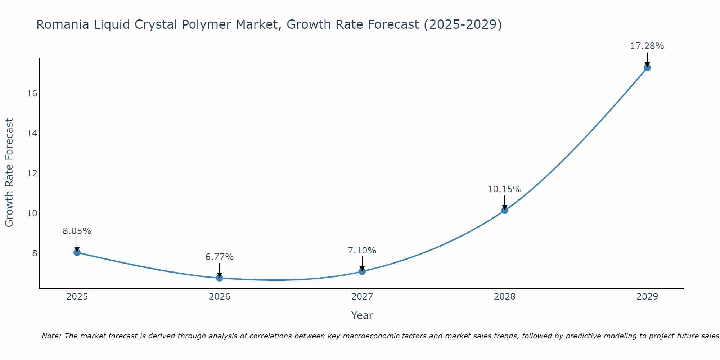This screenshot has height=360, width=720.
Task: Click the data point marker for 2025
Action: (77, 252)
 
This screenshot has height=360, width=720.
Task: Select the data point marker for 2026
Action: (220, 278)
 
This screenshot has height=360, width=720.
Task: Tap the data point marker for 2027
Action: (362, 271)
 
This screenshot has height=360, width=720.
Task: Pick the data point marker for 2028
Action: (505, 211)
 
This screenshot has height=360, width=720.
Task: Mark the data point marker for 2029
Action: (647, 68)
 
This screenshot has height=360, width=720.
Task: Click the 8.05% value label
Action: (77, 231)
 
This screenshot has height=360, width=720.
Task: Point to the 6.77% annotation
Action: (220, 257)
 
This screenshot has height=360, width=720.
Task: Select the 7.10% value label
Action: (362, 251)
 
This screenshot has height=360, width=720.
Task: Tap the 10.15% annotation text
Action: (505, 189)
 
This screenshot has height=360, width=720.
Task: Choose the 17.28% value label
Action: (647, 46)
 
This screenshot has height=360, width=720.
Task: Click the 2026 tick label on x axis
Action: (220, 297)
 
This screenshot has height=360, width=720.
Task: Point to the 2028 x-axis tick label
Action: (505, 297)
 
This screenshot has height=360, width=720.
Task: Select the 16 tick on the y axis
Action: (32, 94)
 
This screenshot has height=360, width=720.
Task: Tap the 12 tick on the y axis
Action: (32, 174)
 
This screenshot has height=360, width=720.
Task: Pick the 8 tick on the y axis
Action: (35, 253)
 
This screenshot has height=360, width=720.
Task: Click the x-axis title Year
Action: (362, 315)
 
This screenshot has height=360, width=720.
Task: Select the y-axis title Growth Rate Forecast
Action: (9, 173)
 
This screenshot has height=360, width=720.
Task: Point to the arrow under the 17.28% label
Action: (647, 60)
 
